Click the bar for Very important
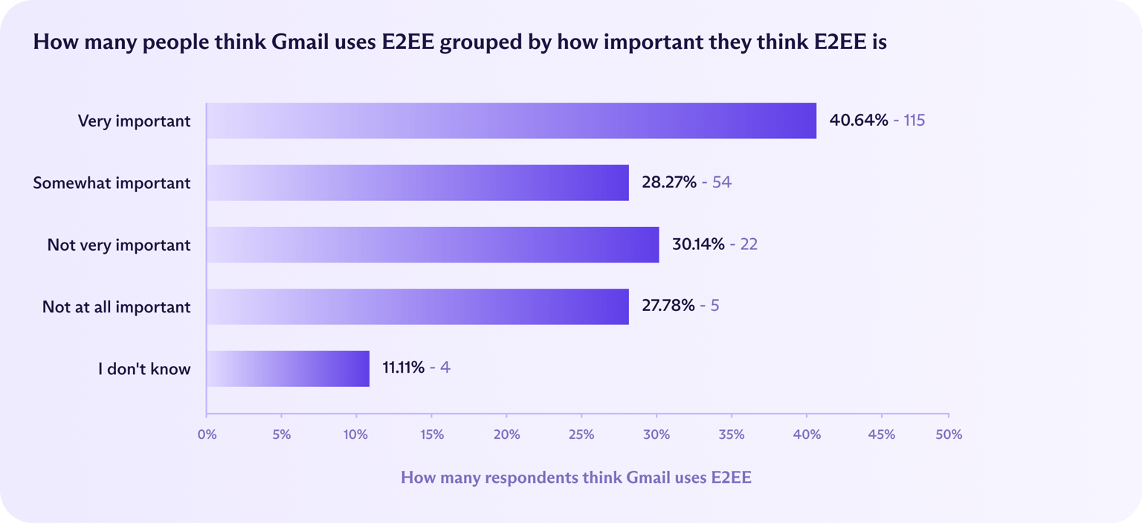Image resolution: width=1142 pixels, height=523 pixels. click(511, 121)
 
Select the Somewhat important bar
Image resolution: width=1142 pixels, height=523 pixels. click(417, 182)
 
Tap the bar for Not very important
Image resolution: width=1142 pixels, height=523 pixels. click(432, 245)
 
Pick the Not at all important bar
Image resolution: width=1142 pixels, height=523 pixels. click(417, 307)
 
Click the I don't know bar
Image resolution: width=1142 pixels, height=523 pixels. click(288, 368)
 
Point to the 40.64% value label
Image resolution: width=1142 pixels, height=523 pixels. click(859, 120)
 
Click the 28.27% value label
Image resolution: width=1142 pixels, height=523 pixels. click(669, 182)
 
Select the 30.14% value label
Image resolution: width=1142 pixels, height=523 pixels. click(698, 245)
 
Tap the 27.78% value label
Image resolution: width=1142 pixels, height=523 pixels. click(668, 307)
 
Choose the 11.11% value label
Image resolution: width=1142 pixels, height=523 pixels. click(404, 368)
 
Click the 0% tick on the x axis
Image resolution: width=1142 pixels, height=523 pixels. click(207, 434)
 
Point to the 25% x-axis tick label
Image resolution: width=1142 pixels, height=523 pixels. click(581, 434)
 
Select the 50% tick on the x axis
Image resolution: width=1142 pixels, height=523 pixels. click(949, 434)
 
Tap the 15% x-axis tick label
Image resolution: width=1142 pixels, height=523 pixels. click(431, 434)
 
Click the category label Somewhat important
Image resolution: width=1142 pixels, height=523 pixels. click(112, 183)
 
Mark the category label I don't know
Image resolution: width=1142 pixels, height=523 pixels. click(144, 368)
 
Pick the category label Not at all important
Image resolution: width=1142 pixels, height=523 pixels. click(116, 307)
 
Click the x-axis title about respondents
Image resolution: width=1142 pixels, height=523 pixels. click(576, 478)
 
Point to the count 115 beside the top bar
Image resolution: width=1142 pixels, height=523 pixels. click(914, 120)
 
